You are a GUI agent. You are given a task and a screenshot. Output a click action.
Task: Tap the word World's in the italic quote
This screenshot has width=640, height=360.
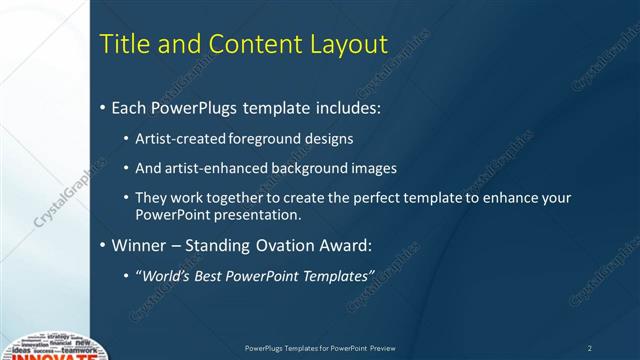pyautogui.click(x=165, y=275)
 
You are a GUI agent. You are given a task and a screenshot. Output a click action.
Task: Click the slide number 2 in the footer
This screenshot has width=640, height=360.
pyautogui.click(x=590, y=348)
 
